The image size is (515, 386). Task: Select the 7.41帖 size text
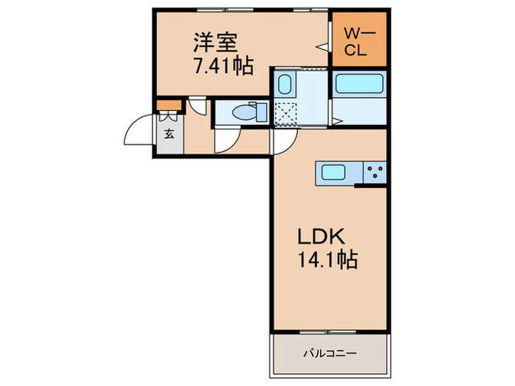pyautogui.click(x=224, y=66)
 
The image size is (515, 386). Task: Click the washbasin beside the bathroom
pyautogui.click(x=285, y=85)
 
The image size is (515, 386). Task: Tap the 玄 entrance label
pyautogui.click(x=168, y=135)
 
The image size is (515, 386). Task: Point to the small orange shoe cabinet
pyautogui.click(x=168, y=103)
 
